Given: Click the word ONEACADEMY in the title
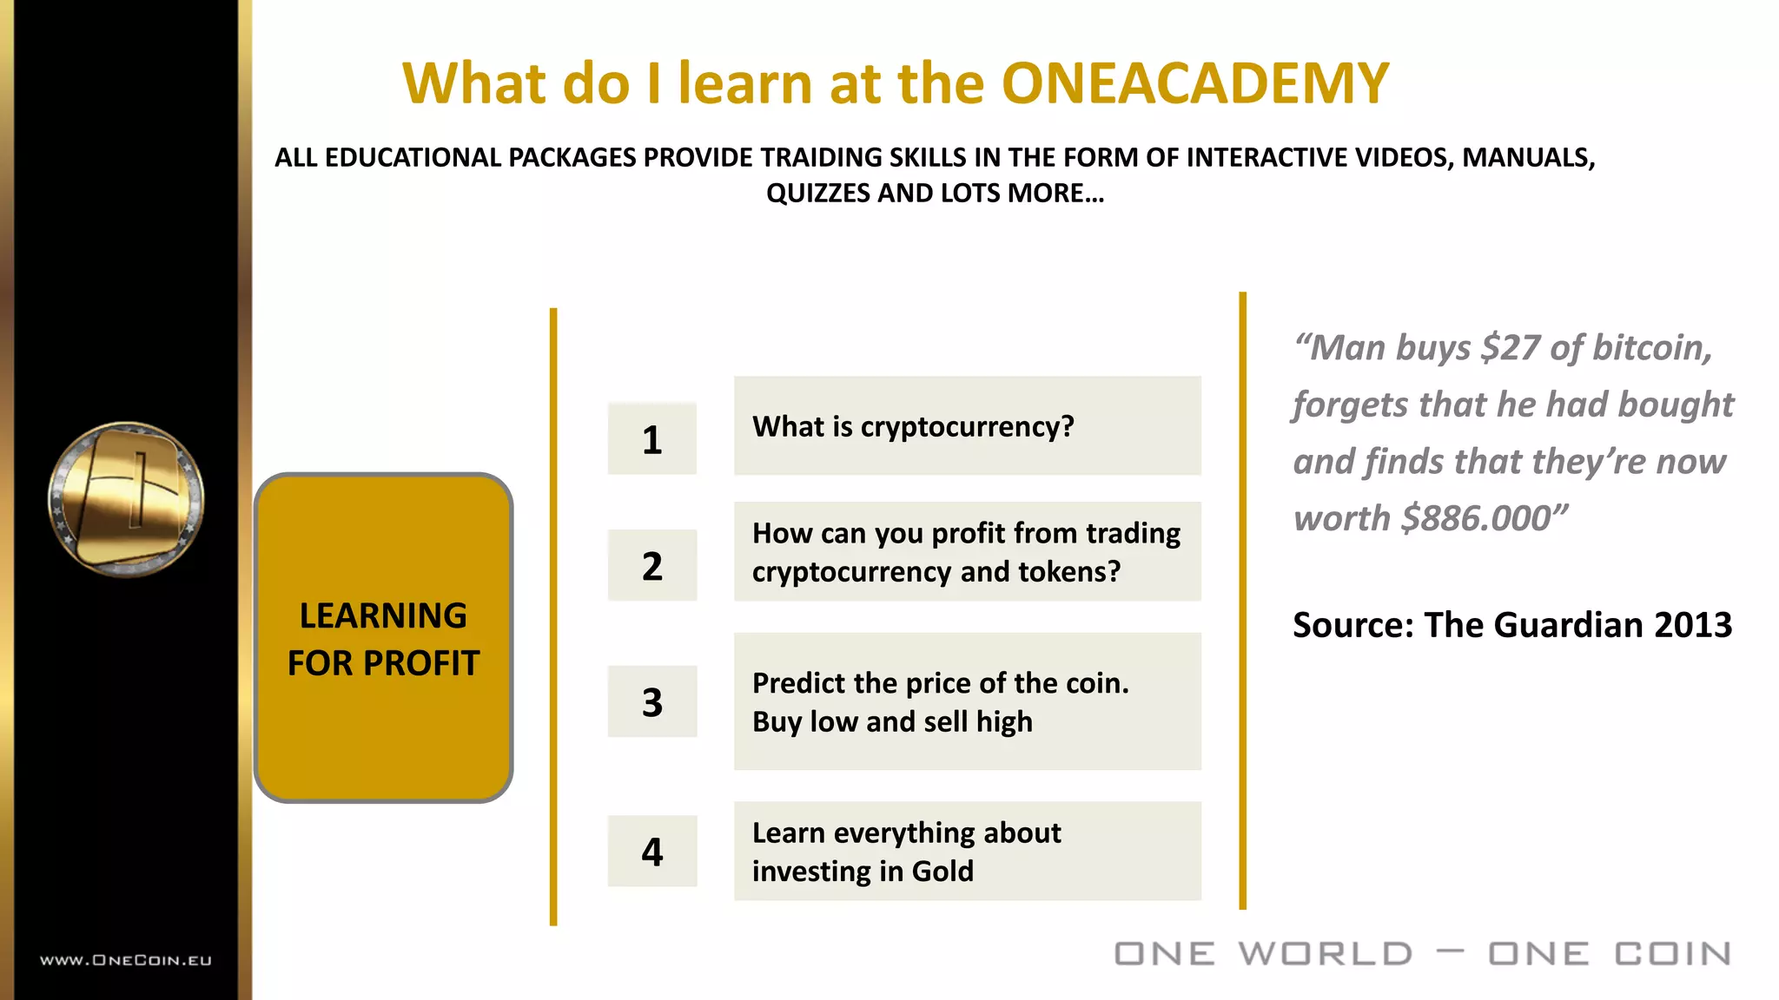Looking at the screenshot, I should click(x=1195, y=83).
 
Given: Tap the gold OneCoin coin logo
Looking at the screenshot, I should click(x=126, y=499).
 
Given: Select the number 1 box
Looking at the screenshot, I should click(x=651, y=439).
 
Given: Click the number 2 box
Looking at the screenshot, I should click(x=651, y=566).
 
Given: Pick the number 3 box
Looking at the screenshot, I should click(x=651, y=701).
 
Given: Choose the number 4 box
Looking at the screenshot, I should click(x=651, y=852).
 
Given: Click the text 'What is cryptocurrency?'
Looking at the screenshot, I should click(x=913, y=426).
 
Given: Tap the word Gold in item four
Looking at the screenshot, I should click(x=942, y=871).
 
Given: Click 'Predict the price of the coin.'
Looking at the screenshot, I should click(x=940, y=683).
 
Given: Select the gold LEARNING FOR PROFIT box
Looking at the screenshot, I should click(x=383, y=638).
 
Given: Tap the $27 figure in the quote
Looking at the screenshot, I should click(x=1511, y=347).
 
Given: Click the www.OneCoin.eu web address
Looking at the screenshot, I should click(x=126, y=960).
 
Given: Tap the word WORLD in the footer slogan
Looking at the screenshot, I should click(x=1326, y=954).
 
